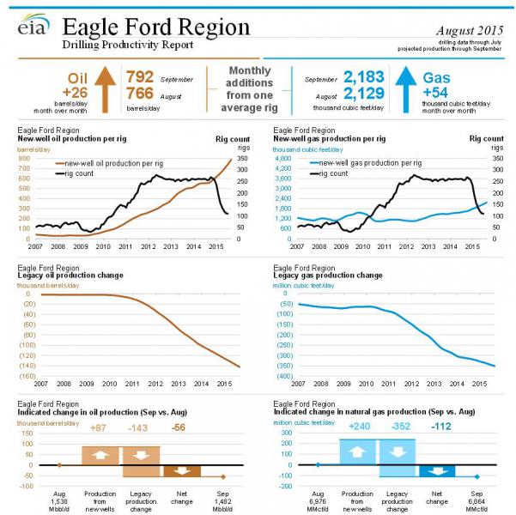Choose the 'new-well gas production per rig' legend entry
coord(373,162)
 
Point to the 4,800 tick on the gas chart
coord(285,159)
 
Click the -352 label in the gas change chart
coord(397,428)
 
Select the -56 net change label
coord(179,428)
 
